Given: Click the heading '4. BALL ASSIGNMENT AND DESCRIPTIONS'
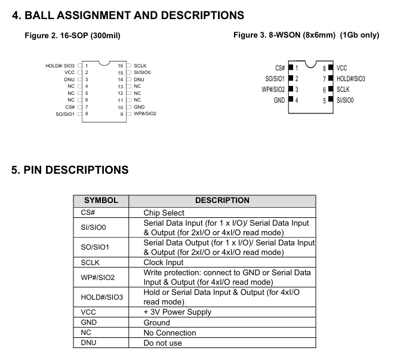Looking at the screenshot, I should click(128, 14).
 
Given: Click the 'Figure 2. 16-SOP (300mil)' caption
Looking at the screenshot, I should click(72, 36).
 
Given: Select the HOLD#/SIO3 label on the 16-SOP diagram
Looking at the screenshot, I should click(60, 65).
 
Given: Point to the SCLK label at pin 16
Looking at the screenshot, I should click(141, 65).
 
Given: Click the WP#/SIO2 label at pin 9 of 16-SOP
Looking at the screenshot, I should click(145, 113).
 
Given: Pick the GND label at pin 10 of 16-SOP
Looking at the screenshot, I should click(139, 107).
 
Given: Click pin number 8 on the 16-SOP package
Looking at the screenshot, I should click(87, 113).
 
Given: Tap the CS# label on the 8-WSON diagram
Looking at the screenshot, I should click(279, 69).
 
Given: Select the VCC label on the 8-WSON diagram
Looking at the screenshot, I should click(342, 69).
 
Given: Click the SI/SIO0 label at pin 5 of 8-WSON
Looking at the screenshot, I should click(345, 100).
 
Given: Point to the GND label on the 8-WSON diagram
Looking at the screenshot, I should click(279, 100).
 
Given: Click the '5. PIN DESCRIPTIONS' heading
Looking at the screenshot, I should click(70, 170).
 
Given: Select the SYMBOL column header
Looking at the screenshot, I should click(101, 201).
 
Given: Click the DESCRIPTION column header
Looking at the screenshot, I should click(222, 201).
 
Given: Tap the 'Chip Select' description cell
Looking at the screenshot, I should click(164, 213).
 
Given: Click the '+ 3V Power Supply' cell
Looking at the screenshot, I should click(177, 312).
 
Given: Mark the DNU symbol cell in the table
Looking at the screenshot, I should click(89, 343).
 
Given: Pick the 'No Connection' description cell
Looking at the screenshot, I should click(170, 333).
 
